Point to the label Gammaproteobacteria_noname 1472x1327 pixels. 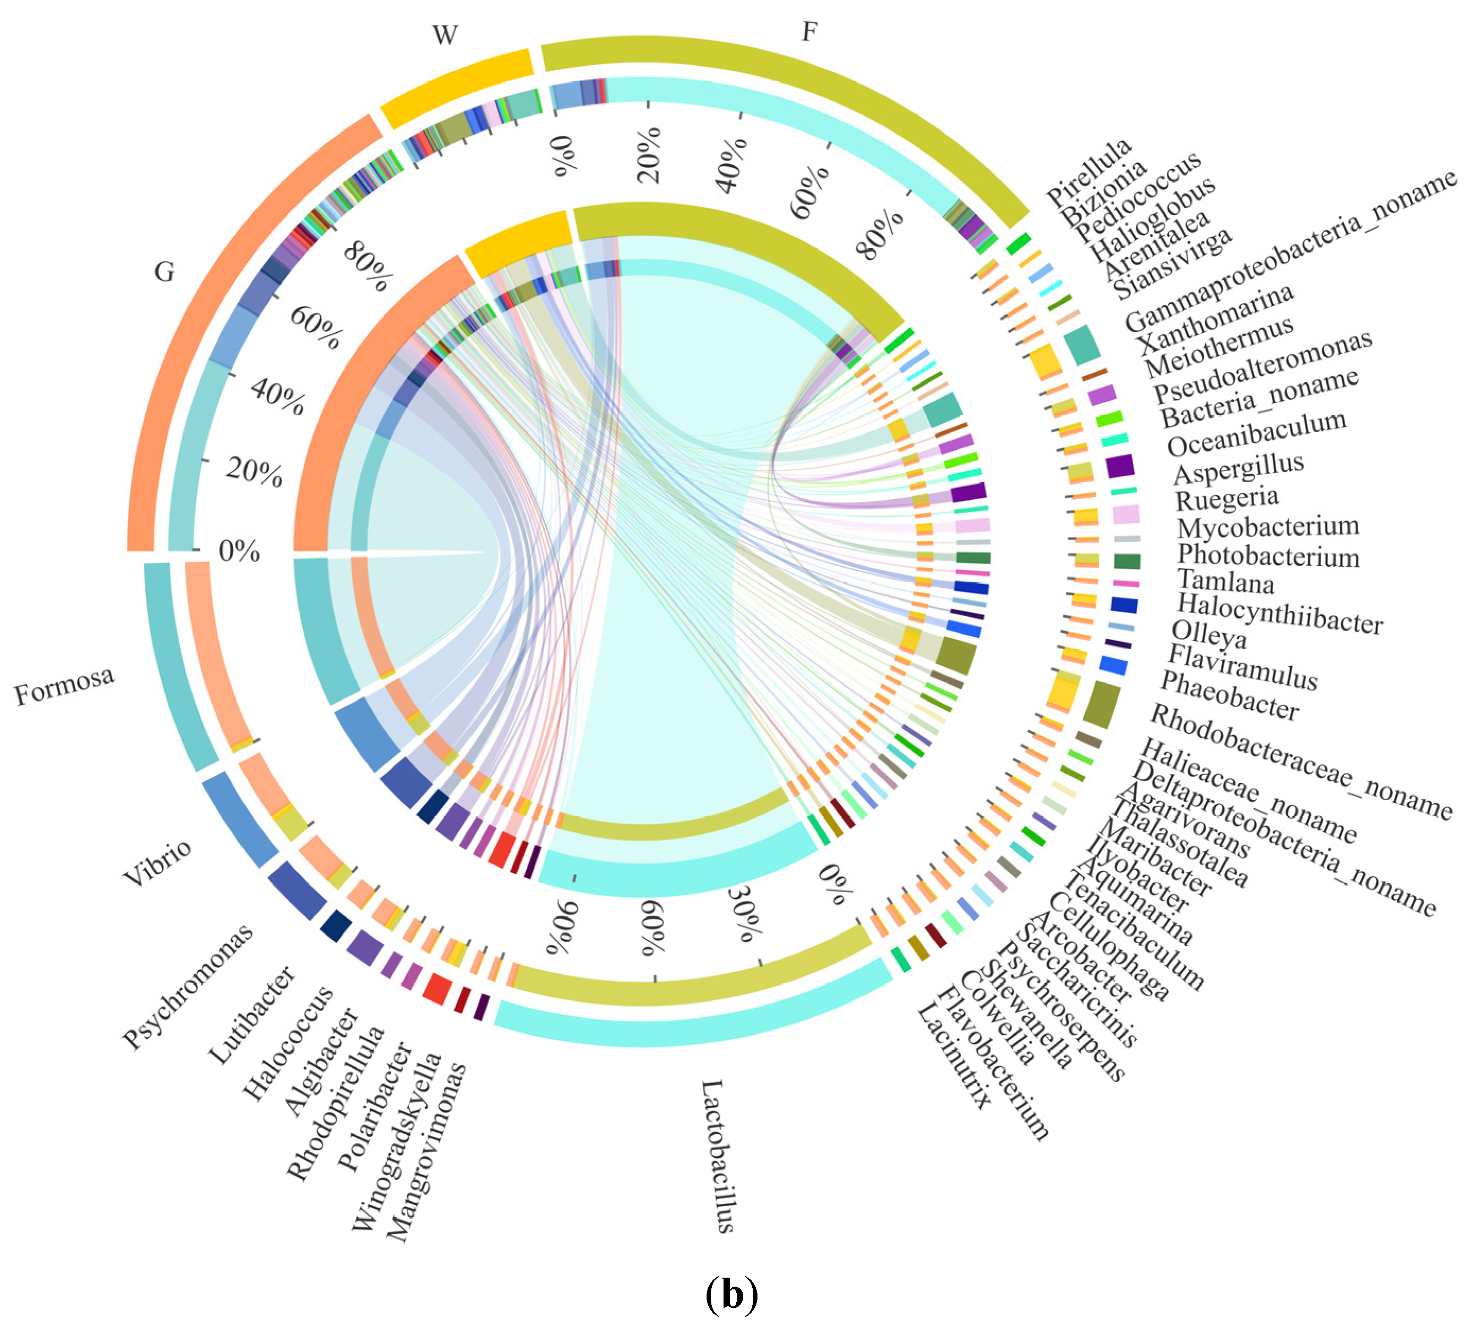tap(1291, 251)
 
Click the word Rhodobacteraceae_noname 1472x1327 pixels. tap(1301, 762)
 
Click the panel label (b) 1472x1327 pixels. tap(732, 1294)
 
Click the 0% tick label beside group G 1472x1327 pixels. tap(239, 551)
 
